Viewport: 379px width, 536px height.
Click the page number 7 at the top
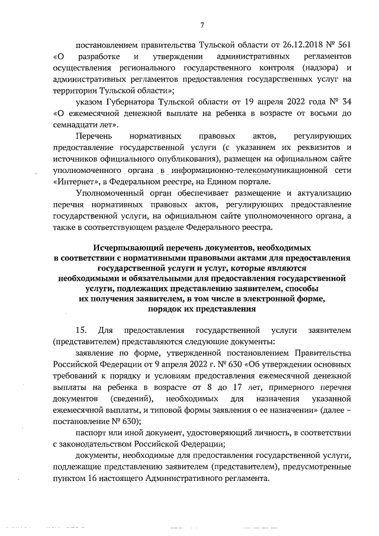[x=202, y=24]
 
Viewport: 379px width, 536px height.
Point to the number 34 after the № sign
[x=348, y=101]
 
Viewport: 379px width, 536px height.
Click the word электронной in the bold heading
[x=268, y=299]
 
